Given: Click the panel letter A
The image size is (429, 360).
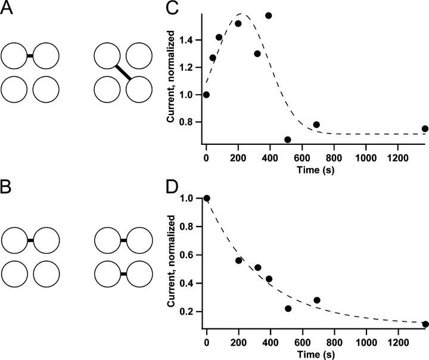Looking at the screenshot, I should [8, 10].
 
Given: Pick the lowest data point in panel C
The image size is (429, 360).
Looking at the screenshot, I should [288, 139].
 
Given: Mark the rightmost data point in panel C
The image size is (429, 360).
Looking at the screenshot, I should [425, 128].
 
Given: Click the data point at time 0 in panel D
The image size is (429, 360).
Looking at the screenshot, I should [206, 198].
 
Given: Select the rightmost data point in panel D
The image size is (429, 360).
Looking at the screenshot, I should [425, 324].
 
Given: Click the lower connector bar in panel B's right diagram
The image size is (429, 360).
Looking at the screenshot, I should [123, 274].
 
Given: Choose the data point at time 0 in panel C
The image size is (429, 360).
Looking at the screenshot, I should [206, 94].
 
